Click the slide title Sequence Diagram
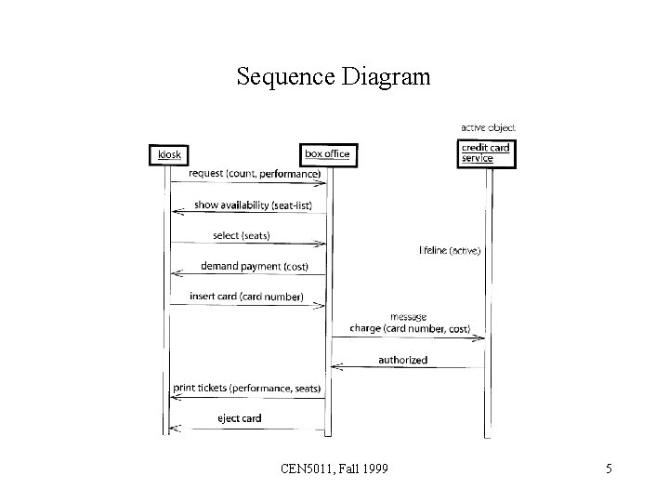point(334,76)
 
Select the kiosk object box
point(168,154)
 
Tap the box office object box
point(328,154)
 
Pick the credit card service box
point(486,153)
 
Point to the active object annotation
point(488,127)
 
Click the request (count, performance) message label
point(254,173)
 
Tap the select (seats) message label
point(241,235)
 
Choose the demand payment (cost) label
point(254,266)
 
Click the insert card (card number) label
point(246,297)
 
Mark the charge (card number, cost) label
point(410,328)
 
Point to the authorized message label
point(402,359)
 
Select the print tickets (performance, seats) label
point(246,388)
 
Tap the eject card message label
point(239,418)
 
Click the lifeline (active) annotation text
point(451,251)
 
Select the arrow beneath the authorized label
point(409,368)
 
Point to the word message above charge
point(409,316)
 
